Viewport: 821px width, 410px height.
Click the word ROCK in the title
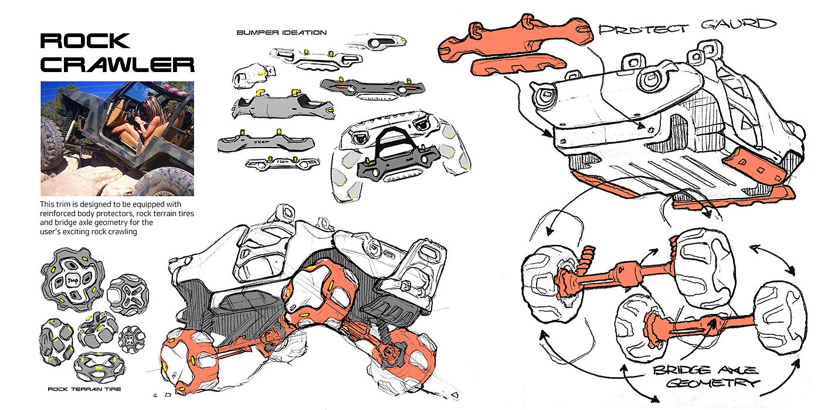coord(84,40)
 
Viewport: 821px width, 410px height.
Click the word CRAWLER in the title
coord(117,64)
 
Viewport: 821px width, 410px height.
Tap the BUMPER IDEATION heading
coord(281,33)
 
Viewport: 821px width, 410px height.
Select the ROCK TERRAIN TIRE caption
coord(84,389)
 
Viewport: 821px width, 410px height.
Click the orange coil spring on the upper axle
coord(587,258)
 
